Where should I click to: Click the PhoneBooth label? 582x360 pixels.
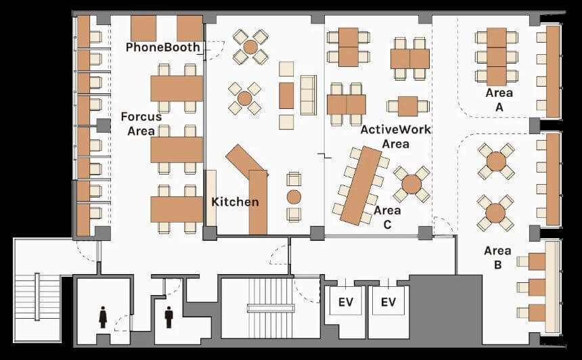point(162,47)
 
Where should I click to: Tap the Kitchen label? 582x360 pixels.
point(235,202)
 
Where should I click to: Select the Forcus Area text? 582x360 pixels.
point(141,124)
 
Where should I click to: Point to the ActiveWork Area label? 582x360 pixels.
point(396,136)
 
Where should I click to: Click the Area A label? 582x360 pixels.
point(499,100)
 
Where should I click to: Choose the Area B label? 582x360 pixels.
point(497,258)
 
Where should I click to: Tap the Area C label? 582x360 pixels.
point(387,217)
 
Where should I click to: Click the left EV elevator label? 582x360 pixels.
point(346,302)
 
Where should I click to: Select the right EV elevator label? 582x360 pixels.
point(388,302)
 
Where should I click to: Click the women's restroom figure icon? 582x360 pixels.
point(103,317)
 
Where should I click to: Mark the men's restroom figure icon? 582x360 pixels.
point(169,317)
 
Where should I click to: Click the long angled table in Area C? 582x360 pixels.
point(361,185)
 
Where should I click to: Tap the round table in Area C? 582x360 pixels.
point(411,185)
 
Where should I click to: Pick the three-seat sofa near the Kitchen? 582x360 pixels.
point(309,95)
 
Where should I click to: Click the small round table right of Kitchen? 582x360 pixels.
point(294,197)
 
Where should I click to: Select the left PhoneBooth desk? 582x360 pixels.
point(143,28)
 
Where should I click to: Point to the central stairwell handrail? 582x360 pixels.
point(271,308)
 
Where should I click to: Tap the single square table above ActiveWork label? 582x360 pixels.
point(408,106)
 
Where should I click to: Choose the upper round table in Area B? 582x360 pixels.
point(496,162)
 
